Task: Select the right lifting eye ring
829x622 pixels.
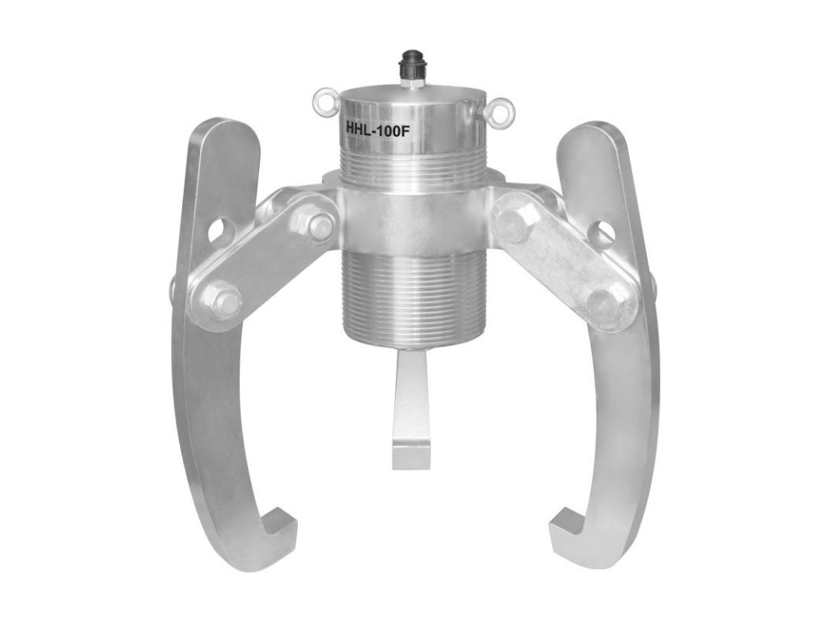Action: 500,106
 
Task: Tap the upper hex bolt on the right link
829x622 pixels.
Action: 514,223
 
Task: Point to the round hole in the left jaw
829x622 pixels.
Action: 219,232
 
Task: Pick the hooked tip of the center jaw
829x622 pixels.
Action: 410,454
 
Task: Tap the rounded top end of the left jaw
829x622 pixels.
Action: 219,138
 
